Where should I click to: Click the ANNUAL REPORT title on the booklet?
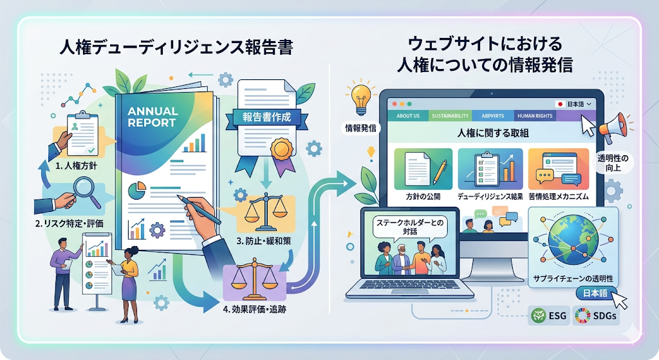(152, 116)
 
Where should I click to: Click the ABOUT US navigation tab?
(408, 117)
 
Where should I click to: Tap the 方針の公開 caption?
(421, 194)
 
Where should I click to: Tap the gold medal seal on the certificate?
(281, 150)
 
